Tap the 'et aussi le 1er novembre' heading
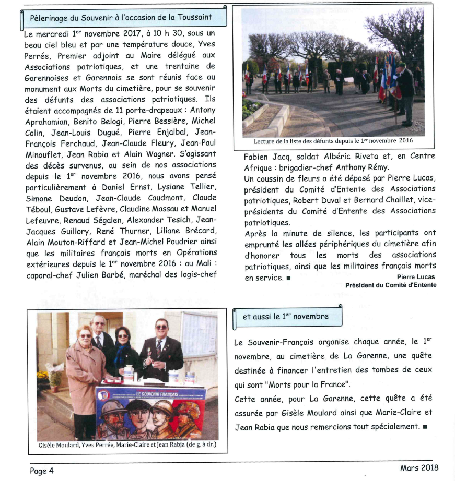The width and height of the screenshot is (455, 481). (286, 317)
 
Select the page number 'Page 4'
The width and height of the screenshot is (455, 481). (41, 471)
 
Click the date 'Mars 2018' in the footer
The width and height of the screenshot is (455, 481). (419, 467)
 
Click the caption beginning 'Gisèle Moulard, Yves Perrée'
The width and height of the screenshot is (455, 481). (127, 445)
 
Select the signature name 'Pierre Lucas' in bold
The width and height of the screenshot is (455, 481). (416, 277)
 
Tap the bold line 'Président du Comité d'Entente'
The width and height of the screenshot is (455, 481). (390, 285)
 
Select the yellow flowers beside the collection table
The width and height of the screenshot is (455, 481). (43, 374)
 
